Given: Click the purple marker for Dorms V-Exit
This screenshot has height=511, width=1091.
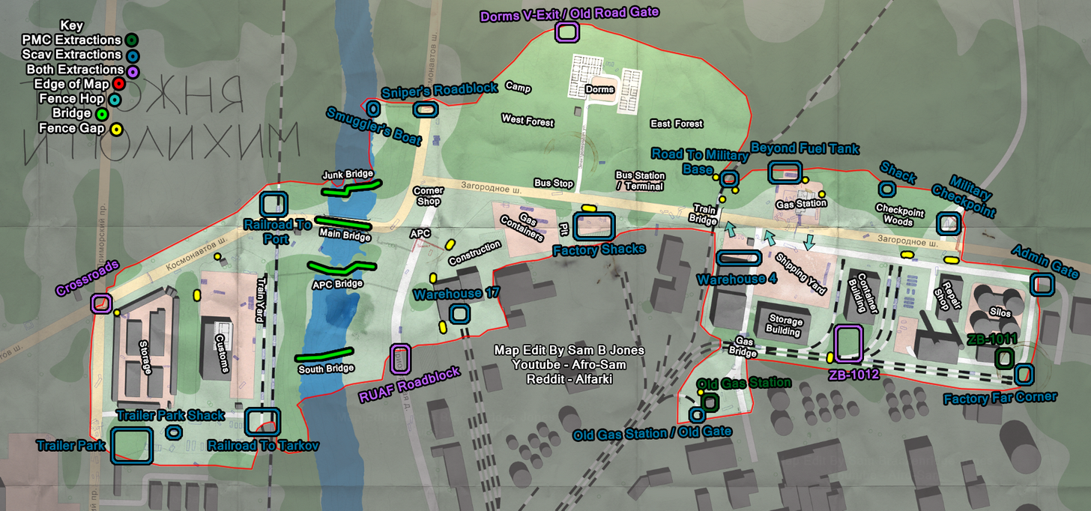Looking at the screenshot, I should coord(566,31).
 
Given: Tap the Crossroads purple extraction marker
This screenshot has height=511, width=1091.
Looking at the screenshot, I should coord(101,303).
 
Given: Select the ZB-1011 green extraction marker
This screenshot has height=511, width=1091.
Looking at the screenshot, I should coord(1004,358).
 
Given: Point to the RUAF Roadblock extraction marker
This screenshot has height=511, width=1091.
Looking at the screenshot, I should coord(400,360).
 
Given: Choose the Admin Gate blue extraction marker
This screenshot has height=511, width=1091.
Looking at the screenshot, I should coord(1041,285).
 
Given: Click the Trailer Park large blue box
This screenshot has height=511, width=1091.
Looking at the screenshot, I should coord(132,445).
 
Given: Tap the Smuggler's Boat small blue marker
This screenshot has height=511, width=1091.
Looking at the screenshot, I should coord(372,107).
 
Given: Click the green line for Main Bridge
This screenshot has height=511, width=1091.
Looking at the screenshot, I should coord(342,223).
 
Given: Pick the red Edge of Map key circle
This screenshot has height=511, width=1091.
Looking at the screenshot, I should coord(118,84).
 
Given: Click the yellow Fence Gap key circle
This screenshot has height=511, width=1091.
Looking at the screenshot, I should coord(116,129).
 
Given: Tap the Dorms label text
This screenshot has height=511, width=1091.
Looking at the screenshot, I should coord(599,89).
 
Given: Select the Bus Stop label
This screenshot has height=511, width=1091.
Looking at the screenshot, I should coord(553,183).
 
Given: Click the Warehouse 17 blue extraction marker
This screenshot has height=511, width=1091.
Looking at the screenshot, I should coord(459,314).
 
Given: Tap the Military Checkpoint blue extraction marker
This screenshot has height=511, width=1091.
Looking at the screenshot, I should coord(949,223).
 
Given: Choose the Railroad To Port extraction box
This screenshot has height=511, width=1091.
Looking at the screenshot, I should coord(273,205).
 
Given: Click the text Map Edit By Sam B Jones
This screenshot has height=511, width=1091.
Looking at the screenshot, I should coord(569,351).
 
